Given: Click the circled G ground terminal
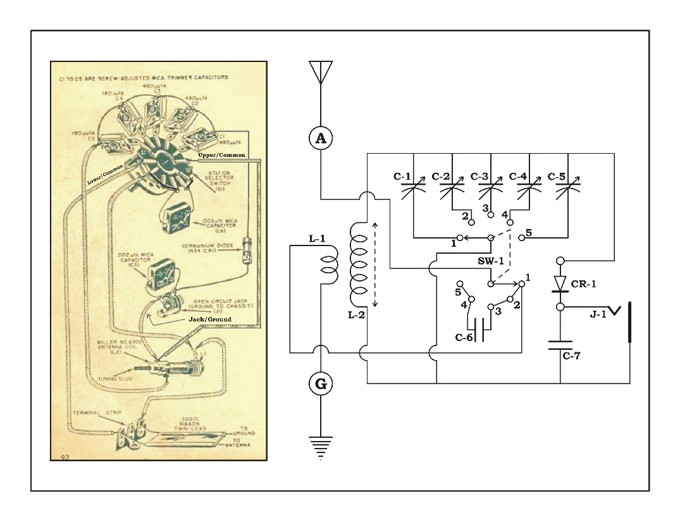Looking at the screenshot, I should point(321,383).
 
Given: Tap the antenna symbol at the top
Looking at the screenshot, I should point(321,73).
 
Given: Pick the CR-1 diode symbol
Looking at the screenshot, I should point(560,283).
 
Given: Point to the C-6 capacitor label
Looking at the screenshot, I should point(464,337).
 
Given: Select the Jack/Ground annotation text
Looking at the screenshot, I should point(210,319).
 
